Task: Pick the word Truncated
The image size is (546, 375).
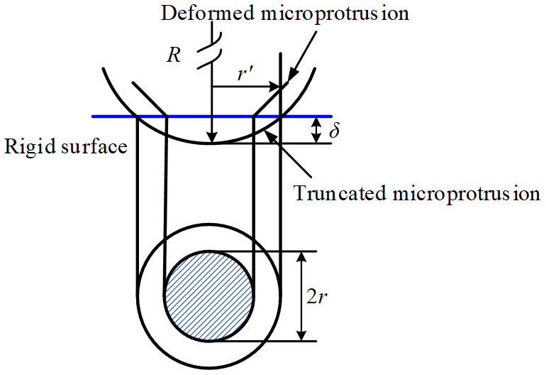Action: (333, 193)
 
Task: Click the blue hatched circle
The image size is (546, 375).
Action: (208, 295)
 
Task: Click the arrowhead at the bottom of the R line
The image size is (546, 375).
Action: (211, 138)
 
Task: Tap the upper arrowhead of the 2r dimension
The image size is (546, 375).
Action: (303, 257)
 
